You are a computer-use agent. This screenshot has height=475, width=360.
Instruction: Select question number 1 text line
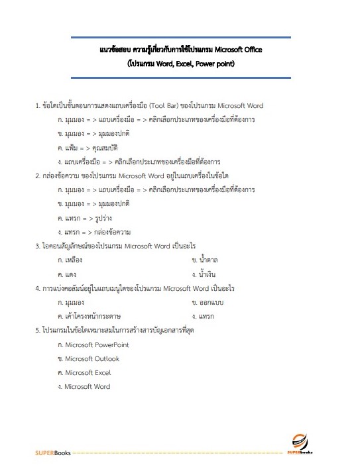149,105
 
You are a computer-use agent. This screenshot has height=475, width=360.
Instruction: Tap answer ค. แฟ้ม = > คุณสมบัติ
91,147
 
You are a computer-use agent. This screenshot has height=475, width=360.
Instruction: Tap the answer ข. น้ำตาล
206,260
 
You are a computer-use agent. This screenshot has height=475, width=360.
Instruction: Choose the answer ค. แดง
68,274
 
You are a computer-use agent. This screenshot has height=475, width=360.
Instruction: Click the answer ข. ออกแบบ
209,302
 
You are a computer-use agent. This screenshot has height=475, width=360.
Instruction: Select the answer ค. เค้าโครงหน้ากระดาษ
92,316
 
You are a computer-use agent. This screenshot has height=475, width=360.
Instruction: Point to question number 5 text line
123,330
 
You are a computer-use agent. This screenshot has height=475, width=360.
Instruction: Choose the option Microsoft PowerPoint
93,344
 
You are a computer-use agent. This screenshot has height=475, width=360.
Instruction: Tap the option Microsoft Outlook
89,358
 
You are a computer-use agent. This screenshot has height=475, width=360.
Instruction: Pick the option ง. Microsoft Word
84,386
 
